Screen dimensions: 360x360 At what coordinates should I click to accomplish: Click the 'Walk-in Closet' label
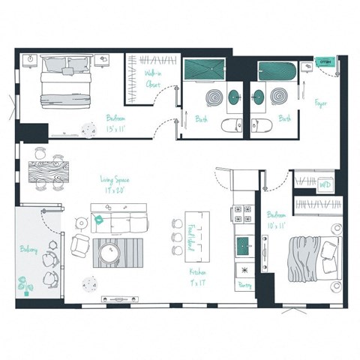153,79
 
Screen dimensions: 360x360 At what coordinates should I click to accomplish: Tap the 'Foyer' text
321,103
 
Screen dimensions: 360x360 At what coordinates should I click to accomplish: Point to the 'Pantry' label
244,286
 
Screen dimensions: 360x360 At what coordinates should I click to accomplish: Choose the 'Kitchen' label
197,277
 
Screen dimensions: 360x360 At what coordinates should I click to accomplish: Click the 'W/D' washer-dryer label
325,184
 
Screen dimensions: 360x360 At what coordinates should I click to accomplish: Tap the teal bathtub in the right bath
277,71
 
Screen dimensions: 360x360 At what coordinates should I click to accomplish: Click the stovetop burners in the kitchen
244,215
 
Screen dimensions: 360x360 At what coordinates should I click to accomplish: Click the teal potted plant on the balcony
25,284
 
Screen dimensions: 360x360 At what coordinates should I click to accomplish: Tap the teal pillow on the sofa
98,220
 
